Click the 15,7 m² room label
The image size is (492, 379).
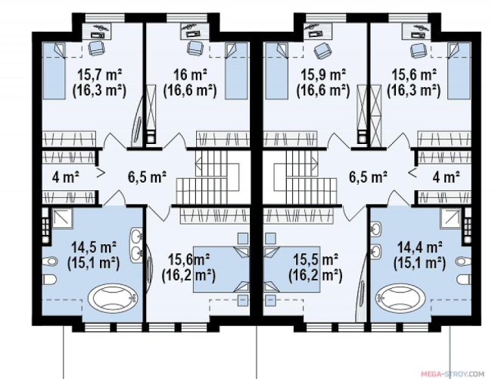pos(99,75)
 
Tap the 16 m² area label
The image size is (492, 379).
pos(190,75)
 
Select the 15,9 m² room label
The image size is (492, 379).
pos(323,75)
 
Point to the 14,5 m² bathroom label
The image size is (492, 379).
pos(94,247)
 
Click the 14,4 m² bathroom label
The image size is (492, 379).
pos(420,247)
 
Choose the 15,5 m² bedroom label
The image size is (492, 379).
pos(316,259)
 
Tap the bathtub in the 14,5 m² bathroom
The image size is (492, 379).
pos(113,297)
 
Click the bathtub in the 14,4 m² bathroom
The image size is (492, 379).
pos(401,297)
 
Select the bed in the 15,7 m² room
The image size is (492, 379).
pos(54,70)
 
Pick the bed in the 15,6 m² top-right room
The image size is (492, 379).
pos(459,70)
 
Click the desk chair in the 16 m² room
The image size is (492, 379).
pos(194,48)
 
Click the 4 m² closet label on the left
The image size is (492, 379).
pos(66,177)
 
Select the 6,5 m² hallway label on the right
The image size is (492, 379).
pos(368,177)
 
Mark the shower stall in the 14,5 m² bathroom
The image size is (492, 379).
pos(62,218)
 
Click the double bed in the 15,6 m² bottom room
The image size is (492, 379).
pos(221,269)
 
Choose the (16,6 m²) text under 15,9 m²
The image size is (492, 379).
pos(323,90)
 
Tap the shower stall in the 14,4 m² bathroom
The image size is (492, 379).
pos(451,218)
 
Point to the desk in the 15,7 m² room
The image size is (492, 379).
pos(98,31)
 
